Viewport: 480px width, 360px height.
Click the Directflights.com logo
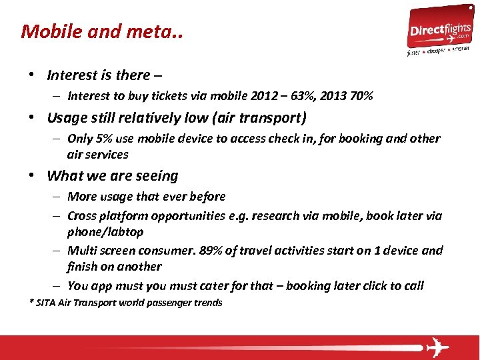point(439,29)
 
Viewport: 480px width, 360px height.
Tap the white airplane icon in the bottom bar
point(437,347)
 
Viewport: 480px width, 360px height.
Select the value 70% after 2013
point(361,96)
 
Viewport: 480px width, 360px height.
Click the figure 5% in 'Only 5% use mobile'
point(103,139)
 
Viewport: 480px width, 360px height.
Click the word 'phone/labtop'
point(105,232)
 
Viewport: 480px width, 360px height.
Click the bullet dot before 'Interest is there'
point(33,75)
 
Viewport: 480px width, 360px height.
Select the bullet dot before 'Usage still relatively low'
point(33,119)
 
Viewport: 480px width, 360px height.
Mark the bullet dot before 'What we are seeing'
point(33,176)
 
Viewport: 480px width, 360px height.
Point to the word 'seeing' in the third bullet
point(157,176)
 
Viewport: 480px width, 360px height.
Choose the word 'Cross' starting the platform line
point(82,216)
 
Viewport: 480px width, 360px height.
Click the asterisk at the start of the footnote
point(31,302)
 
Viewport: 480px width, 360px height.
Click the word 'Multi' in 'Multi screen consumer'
point(81,251)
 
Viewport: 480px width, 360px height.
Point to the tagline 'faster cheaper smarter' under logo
point(438,51)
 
